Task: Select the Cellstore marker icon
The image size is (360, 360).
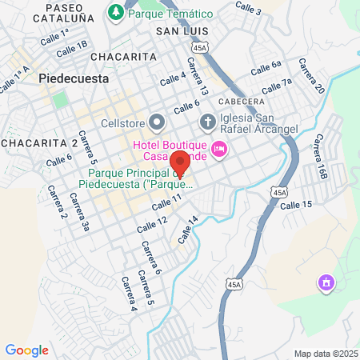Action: (x=157, y=122)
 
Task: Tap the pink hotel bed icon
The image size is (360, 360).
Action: (x=218, y=149)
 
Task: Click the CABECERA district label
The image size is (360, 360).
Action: (x=238, y=101)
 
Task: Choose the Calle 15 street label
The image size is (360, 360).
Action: (x=296, y=206)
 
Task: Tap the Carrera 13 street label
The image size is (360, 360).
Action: (x=197, y=76)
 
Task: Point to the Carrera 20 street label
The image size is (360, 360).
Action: (x=311, y=77)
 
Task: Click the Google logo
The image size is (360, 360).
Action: (x=26, y=350)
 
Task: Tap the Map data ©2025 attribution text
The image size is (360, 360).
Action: (x=325, y=354)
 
